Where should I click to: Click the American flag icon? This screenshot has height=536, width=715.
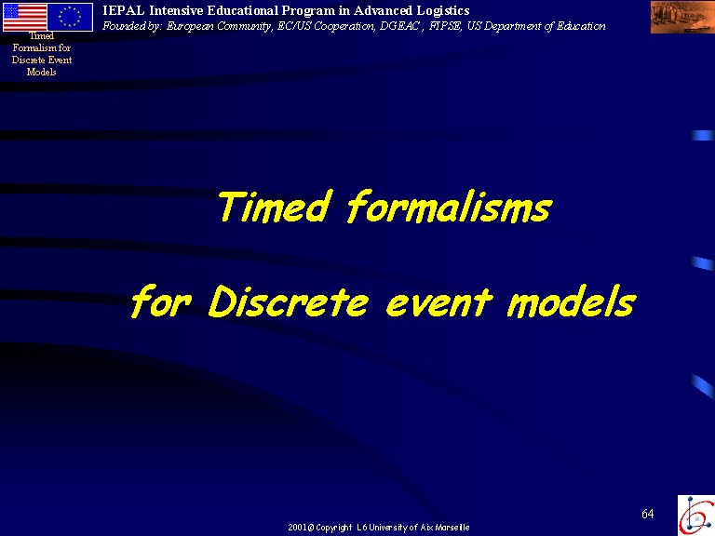pyautogui.click(x=25, y=17)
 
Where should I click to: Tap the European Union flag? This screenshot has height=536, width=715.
pyautogui.click(x=70, y=17)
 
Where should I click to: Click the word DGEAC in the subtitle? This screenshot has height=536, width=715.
pyautogui.click(x=399, y=26)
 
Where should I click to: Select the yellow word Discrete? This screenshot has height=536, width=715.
pyautogui.click(x=289, y=301)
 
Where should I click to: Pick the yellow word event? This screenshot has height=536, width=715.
pyautogui.click(x=439, y=301)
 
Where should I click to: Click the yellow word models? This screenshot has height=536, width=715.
pyautogui.click(x=572, y=301)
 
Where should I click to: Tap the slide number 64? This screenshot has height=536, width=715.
pyautogui.click(x=648, y=514)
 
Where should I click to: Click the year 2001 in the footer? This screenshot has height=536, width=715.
pyautogui.click(x=297, y=528)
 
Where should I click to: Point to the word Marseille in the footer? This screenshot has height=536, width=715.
pyautogui.click(x=452, y=528)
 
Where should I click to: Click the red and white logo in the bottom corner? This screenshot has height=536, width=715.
pyautogui.click(x=696, y=515)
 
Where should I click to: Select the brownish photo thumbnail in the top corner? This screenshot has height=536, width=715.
pyautogui.click(x=682, y=17)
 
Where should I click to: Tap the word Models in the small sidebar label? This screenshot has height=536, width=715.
pyautogui.click(x=42, y=72)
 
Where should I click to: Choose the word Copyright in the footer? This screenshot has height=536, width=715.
pyautogui.click(x=334, y=528)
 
